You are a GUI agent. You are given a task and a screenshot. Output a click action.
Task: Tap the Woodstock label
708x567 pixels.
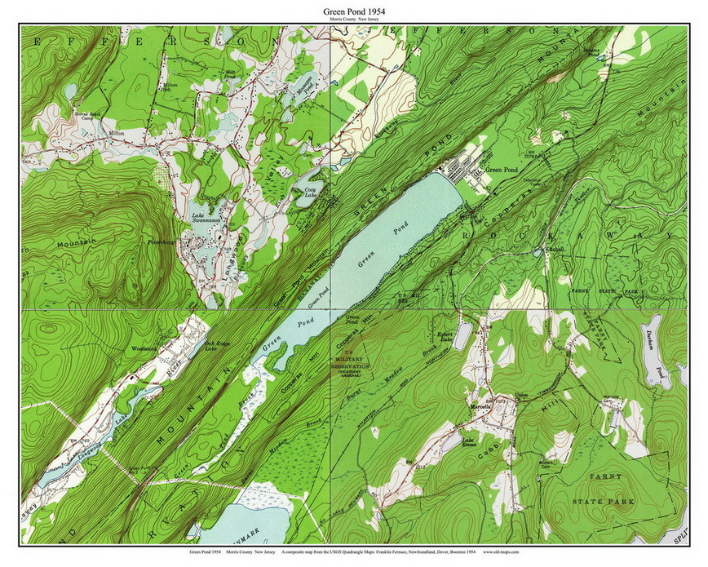click(x=144, y=349)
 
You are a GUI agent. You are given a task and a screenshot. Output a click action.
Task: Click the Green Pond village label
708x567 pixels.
click(x=502, y=171)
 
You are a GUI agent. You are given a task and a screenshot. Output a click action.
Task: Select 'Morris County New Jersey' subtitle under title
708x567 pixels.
click(x=353, y=20)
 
